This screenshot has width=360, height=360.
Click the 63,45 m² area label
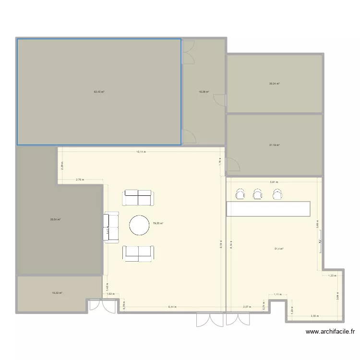(x=99, y=91)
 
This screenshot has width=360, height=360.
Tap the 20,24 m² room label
(x=274, y=84)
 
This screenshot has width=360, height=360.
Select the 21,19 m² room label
(x=274, y=144)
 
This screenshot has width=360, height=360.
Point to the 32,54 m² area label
(x=56, y=219)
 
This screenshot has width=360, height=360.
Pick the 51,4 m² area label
(x=278, y=249)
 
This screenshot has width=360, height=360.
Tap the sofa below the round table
(x=138, y=253)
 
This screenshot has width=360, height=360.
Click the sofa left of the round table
(x=110, y=228)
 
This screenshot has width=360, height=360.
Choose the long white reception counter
(x=268, y=209)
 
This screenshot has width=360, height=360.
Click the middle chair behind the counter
(x=258, y=193)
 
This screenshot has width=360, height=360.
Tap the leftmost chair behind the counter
(x=240, y=193)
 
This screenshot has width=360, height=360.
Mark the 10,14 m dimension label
(x=141, y=152)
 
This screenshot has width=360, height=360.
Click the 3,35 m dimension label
(x=315, y=316)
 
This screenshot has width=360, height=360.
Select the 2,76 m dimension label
(x=80, y=180)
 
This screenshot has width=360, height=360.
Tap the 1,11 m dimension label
(x=277, y=294)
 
